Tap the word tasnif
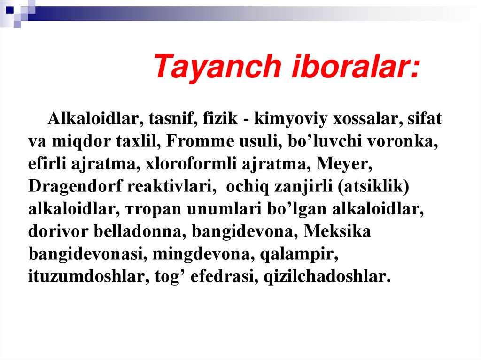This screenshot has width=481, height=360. (x=173, y=119)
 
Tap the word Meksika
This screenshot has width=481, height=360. (x=337, y=231)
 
